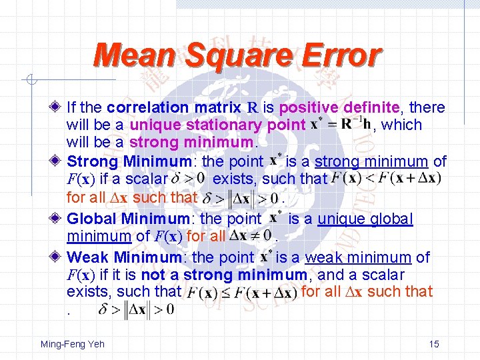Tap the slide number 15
coord(434,344)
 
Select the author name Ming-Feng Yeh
coord(73,344)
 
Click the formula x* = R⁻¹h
coord(341,125)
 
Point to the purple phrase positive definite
coord(340,107)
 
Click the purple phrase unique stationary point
coord(217,125)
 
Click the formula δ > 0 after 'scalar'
coord(187,179)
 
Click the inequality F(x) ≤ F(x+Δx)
coord(241,292)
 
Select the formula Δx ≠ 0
coord(249,235)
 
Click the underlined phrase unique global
coord(365,219)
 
